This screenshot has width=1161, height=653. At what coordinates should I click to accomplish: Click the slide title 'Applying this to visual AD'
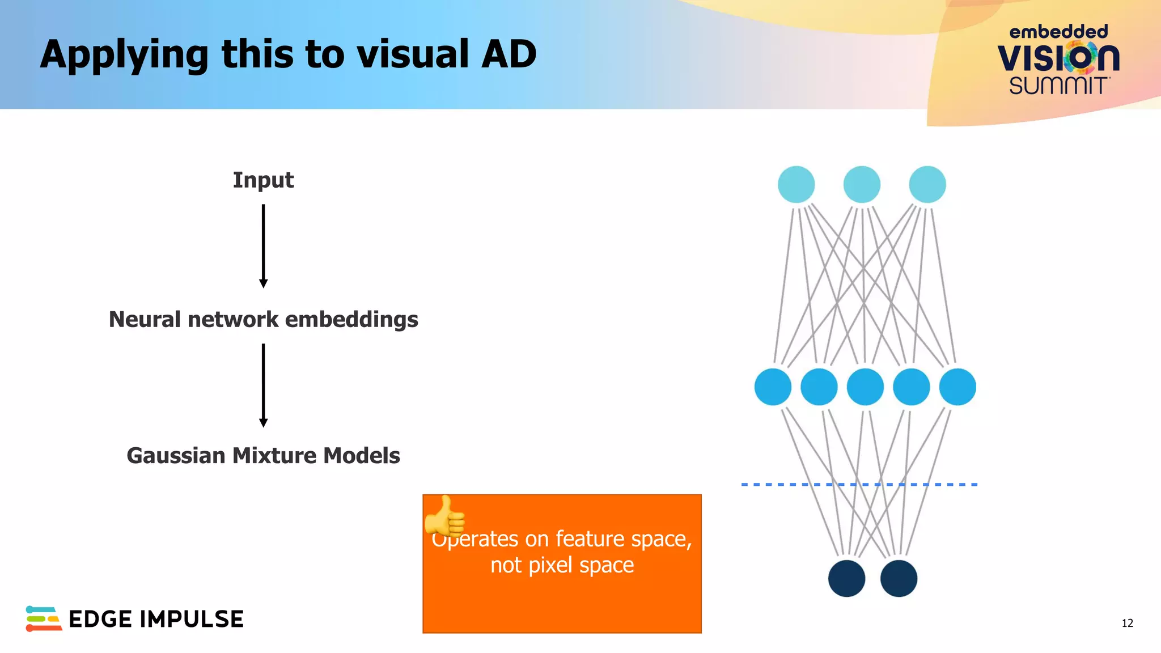point(288,55)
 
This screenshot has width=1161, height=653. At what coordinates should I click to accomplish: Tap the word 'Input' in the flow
point(263,180)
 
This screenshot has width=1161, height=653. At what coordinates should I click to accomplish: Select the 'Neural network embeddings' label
point(263,320)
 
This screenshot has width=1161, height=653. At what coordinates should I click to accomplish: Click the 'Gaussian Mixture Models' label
point(263,456)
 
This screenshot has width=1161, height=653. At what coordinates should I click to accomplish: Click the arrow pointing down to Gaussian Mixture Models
point(263,385)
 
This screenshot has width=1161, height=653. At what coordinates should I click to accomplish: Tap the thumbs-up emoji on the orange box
point(445,516)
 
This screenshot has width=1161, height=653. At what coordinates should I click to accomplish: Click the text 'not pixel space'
point(562,565)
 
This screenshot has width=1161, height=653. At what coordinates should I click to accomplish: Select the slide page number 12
point(1127,623)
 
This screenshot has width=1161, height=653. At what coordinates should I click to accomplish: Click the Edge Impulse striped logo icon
point(43,618)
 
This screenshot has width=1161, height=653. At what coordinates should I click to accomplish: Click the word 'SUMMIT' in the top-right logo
point(1058,86)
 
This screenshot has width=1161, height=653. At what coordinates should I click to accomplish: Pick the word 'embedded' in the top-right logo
point(1058,32)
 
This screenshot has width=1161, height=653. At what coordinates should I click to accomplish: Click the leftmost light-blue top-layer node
point(796,184)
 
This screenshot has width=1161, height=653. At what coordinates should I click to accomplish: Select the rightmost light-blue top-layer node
point(927,184)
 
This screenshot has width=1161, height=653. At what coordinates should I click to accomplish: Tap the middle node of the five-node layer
point(865,387)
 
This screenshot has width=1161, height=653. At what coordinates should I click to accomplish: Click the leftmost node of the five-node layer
point(773,387)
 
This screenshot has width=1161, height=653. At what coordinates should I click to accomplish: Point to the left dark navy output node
point(846,578)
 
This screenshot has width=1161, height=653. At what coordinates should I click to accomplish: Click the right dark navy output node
point(899,578)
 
